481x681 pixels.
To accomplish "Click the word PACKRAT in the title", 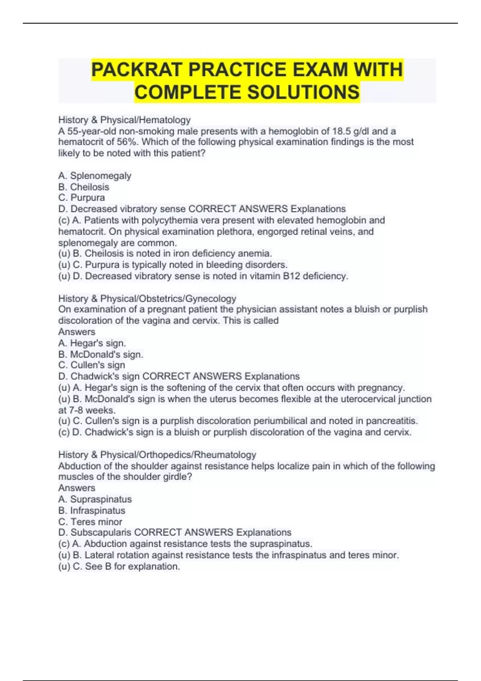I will (x=137, y=70).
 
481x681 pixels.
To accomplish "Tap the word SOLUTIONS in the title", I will (x=303, y=92).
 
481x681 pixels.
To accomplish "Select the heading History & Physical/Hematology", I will (x=124, y=120).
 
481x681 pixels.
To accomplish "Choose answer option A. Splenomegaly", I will (x=95, y=175).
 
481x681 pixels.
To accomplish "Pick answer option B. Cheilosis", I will (x=83, y=187).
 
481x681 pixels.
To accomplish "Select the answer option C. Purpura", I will (x=81, y=197).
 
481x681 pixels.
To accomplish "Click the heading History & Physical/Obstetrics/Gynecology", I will (x=147, y=298).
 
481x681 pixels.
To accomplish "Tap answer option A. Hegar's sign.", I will (x=92, y=343).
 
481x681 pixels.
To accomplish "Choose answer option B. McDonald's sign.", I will (x=101, y=354).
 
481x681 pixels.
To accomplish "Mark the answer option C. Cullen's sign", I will (x=91, y=365).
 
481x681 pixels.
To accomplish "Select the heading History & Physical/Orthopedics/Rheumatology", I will (x=157, y=455).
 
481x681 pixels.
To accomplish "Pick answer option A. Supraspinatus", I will (x=95, y=499).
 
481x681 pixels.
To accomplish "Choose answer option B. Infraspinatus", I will (x=91, y=510).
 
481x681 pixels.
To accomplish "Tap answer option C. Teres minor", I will (x=90, y=522).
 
